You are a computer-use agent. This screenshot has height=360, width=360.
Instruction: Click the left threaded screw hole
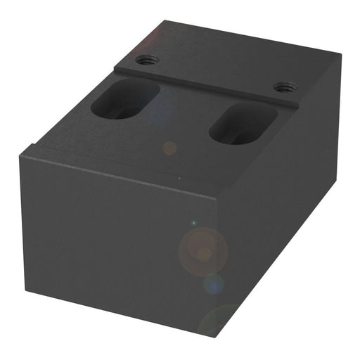146,60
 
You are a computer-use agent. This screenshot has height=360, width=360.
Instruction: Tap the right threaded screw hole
283,88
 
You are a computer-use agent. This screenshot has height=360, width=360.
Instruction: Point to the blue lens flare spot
214,283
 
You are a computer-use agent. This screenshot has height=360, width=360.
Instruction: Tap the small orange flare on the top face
169,148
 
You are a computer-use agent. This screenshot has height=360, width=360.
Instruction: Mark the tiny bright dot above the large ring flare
193,224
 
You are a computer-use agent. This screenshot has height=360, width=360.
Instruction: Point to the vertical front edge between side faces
216,267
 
